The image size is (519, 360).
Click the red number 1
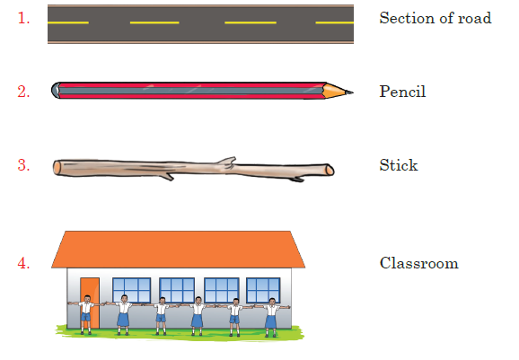pyautogui.click(x=23, y=18)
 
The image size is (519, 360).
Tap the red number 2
pyautogui.click(x=23, y=92)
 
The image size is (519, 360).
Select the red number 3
pyautogui.click(x=23, y=165)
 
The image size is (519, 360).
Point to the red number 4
pyautogui.click(x=23, y=263)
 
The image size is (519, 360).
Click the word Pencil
pyautogui.click(x=402, y=92)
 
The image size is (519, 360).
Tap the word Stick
pyautogui.click(x=399, y=165)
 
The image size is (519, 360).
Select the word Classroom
pyautogui.click(x=419, y=263)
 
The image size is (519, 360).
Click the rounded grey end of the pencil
pyautogui.click(x=56, y=90)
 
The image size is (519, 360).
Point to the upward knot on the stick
pyautogui.click(x=228, y=161)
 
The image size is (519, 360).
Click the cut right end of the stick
pyautogui.click(x=330, y=170)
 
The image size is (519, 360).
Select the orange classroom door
pyautogui.click(x=90, y=303)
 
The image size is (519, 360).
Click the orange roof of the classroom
pyautogui.click(x=178, y=250)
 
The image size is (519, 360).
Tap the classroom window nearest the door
pyautogui.click(x=132, y=290)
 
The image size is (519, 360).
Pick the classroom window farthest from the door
pyautogui.click(x=263, y=290)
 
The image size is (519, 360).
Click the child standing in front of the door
pyautogui.click(x=86, y=314)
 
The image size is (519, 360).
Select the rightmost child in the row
pyautogui.click(x=272, y=318)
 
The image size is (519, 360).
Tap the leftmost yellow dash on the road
pyautogui.click(x=68, y=22)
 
